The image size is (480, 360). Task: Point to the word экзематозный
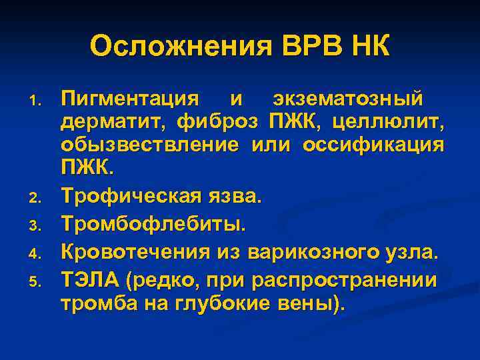point(347,99)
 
